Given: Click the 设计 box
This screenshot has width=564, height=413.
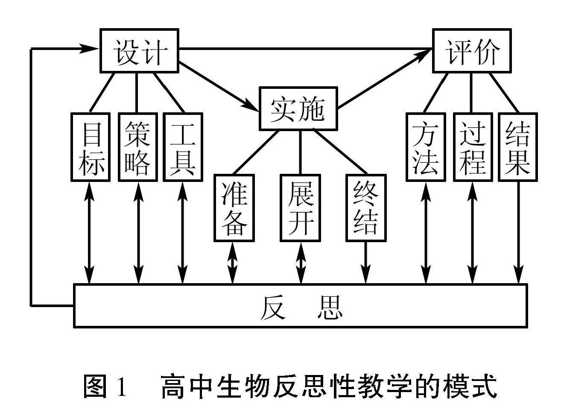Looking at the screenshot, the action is pos(139,51).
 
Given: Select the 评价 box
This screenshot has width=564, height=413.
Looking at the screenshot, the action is pos(472,51).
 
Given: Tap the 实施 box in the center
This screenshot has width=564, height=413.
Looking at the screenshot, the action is pos(298,108).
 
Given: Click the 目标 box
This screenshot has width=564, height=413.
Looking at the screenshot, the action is pos(91,147).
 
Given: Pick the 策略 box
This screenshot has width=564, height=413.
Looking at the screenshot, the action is pos(138,147).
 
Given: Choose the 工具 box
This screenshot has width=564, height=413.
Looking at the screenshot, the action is pos(183,147).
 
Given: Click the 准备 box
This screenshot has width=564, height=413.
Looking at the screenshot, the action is pos(234,208).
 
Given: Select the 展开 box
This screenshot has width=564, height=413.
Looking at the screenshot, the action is pos(301,208).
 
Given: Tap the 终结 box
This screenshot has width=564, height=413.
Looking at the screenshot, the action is pos(366,208).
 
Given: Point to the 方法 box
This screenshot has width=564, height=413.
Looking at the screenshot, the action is pos(426,147).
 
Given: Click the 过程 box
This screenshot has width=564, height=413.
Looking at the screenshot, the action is pos(473,147).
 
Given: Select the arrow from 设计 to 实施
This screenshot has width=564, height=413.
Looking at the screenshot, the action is pos(219,86).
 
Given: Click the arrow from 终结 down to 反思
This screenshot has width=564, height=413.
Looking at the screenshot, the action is pos(366,262).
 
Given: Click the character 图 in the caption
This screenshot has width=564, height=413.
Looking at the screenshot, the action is pos(95,386).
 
